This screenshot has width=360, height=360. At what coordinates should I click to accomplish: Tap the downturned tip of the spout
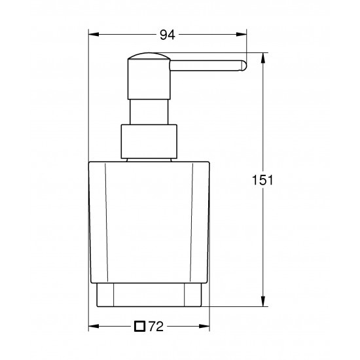(x=243, y=65)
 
